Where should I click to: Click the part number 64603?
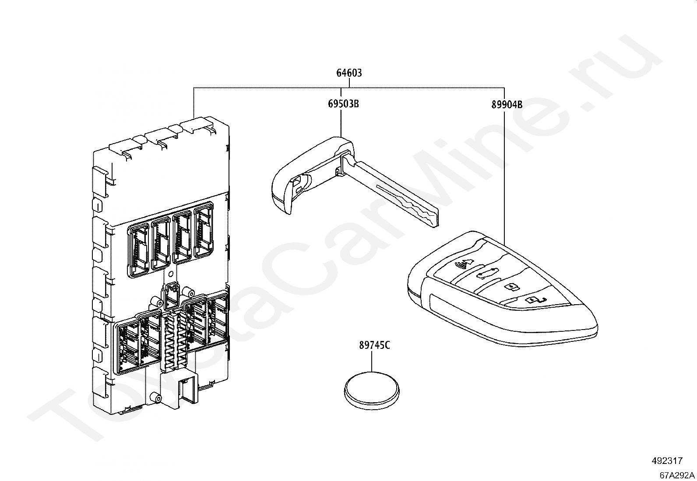pos(349,73)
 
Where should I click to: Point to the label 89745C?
pos(374,345)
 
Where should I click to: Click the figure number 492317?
pos(666,461)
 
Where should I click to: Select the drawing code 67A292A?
pos(677,475)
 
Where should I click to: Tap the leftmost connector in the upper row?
pos(139,251)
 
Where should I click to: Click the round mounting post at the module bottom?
pos(155,397)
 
